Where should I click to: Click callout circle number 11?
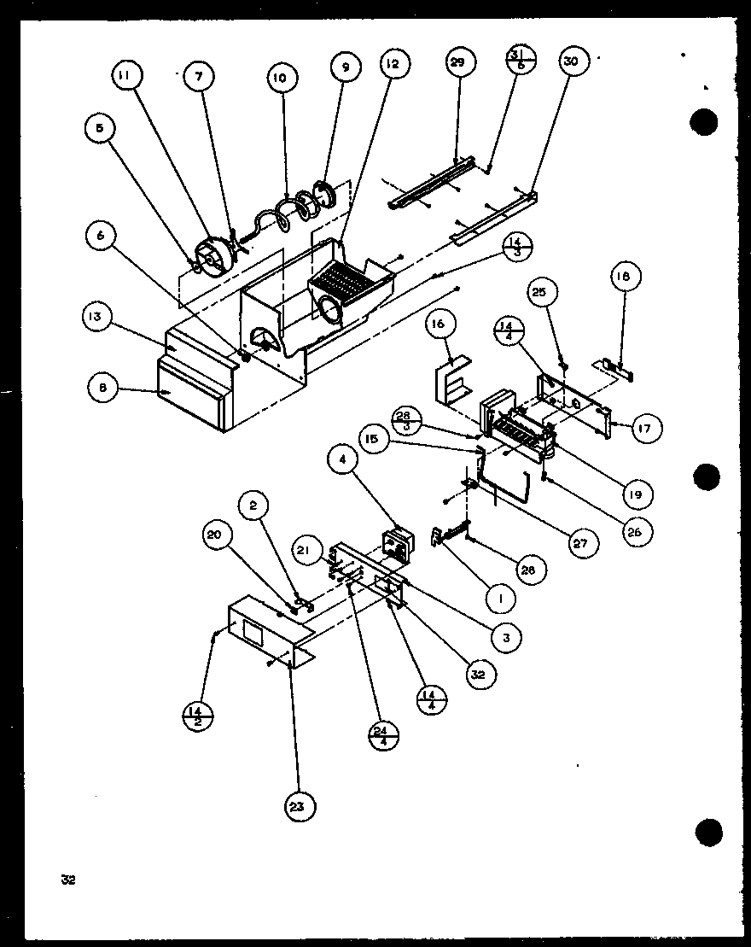pyautogui.click(x=125, y=76)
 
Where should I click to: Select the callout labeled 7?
pyautogui.click(x=199, y=76)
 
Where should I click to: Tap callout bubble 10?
pyautogui.click(x=280, y=79)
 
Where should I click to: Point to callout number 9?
pyautogui.click(x=346, y=67)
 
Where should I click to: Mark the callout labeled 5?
pyautogui.click(x=99, y=130)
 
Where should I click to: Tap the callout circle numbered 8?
pyautogui.click(x=103, y=387)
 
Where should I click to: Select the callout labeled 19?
pyautogui.click(x=637, y=494)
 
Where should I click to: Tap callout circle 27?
pyautogui.click(x=581, y=541)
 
